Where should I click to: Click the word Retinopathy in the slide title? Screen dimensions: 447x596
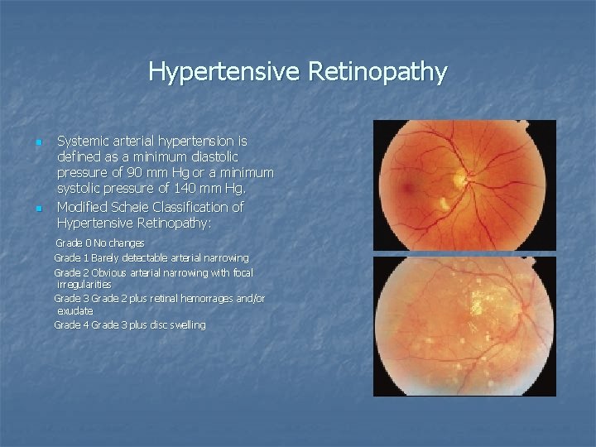click(377, 72)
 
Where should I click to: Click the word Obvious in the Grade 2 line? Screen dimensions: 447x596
click(112, 272)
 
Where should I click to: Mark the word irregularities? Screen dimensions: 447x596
click(84, 284)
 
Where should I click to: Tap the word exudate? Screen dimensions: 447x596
click(74, 310)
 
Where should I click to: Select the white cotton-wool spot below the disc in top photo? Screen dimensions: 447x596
click(444, 203)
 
